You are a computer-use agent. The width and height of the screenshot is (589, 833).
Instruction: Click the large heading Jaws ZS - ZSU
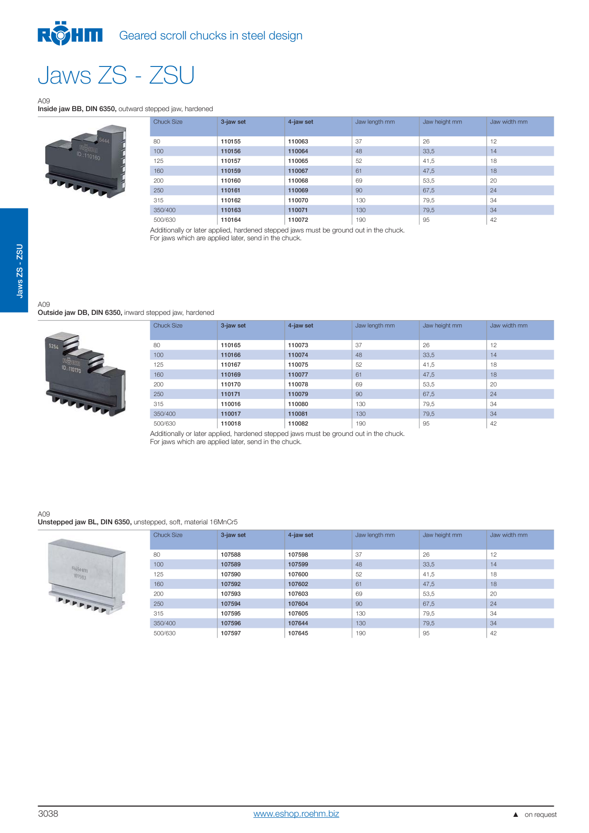click(x=116, y=75)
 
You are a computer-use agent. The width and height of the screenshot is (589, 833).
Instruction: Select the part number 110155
click(x=231, y=142)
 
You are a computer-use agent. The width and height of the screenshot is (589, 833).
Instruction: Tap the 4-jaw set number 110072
click(x=298, y=220)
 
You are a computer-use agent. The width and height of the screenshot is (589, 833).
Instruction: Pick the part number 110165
click(x=231, y=345)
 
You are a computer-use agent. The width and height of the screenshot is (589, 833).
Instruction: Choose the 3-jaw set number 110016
click(x=231, y=404)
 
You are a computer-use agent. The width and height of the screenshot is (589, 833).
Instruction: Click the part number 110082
click(x=298, y=424)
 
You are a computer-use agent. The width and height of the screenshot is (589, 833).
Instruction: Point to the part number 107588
click(x=231, y=555)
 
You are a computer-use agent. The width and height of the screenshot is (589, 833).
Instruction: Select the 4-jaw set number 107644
click(x=298, y=623)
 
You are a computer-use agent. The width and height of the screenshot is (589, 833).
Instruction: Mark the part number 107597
click(x=231, y=633)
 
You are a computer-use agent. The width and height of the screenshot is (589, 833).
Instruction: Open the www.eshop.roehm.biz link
click(x=296, y=814)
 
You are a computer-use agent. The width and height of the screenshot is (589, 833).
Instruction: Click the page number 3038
click(x=48, y=814)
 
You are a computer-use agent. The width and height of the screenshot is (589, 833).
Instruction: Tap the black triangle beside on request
click(x=515, y=814)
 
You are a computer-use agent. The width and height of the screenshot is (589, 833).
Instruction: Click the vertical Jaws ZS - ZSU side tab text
click(x=19, y=271)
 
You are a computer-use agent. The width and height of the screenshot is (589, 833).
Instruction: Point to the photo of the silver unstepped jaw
click(x=87, y=576)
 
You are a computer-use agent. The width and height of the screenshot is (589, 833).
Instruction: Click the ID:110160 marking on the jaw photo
click(x=88, y=156)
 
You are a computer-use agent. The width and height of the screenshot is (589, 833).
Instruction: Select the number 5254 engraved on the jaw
click(x=54, y=346)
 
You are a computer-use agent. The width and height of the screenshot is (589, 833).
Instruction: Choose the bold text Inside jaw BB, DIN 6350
click(x=77, y=109)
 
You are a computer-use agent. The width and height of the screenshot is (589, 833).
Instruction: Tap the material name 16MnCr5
click(x=224, y=522)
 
